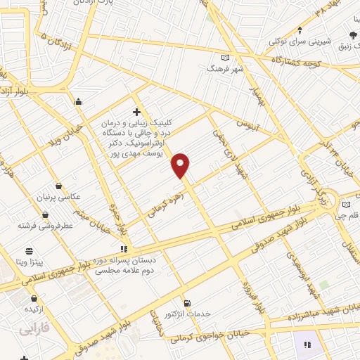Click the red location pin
tap(181, 165)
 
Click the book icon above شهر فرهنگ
tap(225, 58)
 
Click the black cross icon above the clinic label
tap(136, 111)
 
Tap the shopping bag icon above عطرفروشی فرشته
tap(46, 214)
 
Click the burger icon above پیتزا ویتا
tap(29, 251)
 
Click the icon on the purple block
tap(307, 344)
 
